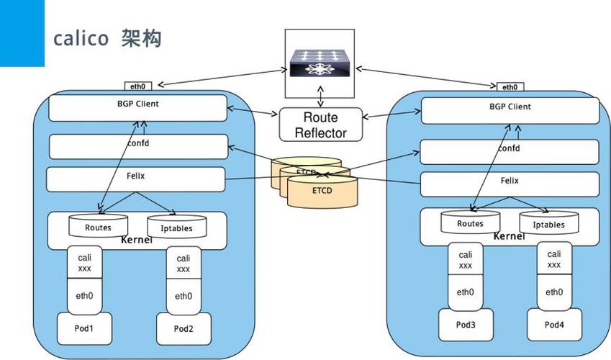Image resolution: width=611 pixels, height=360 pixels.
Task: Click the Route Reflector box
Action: click(x=320, y=125)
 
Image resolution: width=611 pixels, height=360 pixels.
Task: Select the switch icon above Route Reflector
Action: click(x=320, y=63)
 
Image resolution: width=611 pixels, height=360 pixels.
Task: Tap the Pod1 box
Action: click(x=85, y=329)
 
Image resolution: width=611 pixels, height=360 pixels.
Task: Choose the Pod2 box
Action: click(x=184, y=329)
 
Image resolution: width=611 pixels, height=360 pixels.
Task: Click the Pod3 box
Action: click(x=466, y=325)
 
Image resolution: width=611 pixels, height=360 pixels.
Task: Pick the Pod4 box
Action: click(x=554, y=325)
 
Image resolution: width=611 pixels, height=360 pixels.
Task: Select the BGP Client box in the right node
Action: click(x=510, y=110)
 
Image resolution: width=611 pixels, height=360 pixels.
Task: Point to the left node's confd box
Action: click(x=137, y=146)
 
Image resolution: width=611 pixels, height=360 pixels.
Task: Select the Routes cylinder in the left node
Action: click(x=98, y=226)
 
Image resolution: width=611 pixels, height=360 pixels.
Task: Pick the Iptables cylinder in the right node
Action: click(x=548, y=223)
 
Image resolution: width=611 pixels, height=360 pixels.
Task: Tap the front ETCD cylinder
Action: click(x=322, y=192)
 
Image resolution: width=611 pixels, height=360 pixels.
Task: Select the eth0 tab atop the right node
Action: click(x=509, y=86)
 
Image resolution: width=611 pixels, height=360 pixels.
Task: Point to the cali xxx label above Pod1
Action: click(x=85, y=262)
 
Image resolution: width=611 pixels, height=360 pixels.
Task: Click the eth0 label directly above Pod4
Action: click(x=554, y=292)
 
